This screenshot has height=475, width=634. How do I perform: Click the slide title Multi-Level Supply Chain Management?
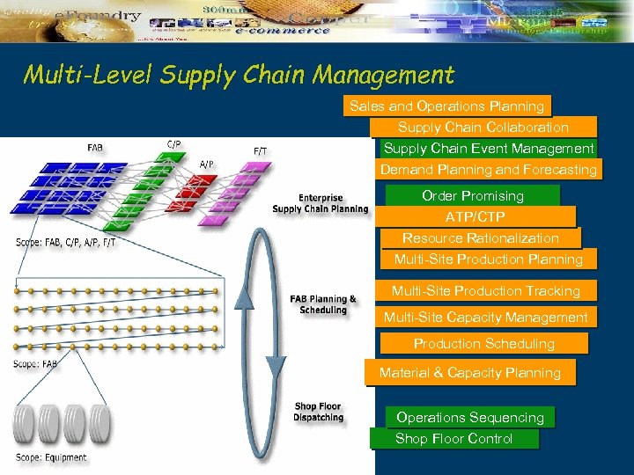[x=239, y=75]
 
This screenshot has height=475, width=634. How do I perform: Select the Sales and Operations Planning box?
[x=446, y=106]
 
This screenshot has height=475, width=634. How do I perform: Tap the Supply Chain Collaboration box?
[x=483, y=128]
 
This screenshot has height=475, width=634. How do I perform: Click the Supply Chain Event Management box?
[x=489, y=149]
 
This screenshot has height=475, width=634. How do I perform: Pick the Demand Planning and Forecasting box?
[x=489, y=170]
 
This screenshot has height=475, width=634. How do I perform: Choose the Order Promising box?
[x=473, y=195]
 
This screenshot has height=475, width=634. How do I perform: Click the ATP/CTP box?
[x=475, y=216]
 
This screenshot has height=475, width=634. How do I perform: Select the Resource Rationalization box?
[x=481, y=238]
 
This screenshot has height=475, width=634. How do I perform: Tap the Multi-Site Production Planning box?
[x=489, y=259]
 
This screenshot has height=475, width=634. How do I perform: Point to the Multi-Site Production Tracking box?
[x=486, y=291]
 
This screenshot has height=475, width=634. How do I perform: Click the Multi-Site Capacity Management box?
[x=486, y=318]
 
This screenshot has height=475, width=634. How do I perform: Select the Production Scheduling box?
[x=484, y=344]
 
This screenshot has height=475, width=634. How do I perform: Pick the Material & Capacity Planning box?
[x=470, y=373]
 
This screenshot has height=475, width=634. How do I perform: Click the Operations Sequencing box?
[x=470, y=418]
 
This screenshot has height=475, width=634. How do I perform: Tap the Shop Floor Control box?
[x=454, y=439]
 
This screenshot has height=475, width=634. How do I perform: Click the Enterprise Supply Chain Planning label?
[x=321, y=204]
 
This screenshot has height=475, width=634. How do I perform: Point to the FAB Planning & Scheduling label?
[x=323, y=304]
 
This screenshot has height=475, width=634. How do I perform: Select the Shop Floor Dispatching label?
[x=319, y=412]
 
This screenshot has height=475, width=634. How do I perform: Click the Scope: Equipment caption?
[x=52, y=457]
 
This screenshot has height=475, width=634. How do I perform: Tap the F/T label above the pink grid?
[x=261, y=151]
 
